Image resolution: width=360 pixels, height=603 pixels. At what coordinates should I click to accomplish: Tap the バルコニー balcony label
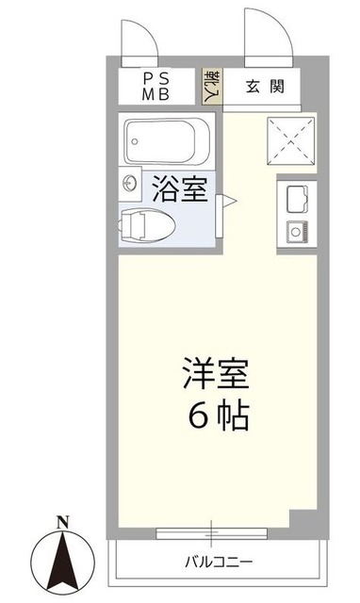tap(219, 562)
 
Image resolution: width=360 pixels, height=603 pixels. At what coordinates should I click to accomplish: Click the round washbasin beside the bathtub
tap(128, 185)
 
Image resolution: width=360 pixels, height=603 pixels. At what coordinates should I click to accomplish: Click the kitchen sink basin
tap(291, 198)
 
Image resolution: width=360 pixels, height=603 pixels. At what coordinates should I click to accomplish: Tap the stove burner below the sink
tap(292, 229)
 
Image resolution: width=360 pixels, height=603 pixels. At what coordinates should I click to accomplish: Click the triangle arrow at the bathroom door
tap(228, 200)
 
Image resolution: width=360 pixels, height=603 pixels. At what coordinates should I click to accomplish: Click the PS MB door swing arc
tap(139, 38)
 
